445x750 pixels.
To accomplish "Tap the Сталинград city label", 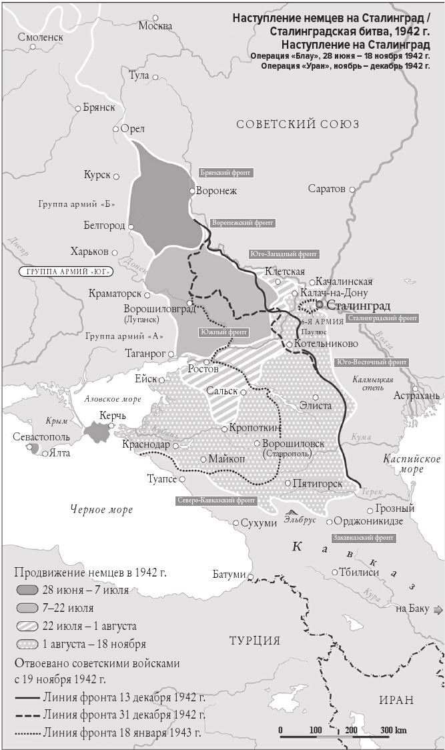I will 358,305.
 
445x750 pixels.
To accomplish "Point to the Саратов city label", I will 327,189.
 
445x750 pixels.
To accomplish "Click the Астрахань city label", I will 416,396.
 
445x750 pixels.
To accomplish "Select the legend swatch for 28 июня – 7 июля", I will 27,591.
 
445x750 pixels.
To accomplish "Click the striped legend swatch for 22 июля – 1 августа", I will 27,627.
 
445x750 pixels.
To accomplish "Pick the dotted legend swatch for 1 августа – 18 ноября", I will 27,645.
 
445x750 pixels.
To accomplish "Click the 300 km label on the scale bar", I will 393,730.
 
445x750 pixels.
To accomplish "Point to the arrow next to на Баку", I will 437,609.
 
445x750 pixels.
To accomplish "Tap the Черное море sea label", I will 101,510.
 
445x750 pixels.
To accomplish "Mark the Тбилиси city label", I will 360,573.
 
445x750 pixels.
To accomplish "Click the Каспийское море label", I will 412,464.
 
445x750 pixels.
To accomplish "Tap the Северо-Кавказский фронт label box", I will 216,499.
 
